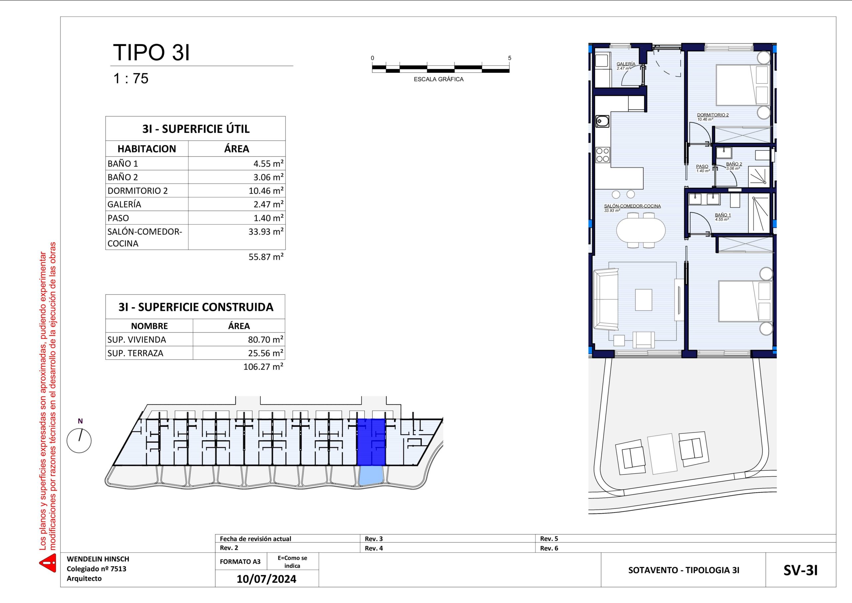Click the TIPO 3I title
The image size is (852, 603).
[x=151, y=52]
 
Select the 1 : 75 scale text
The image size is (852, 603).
[x=131, y=78]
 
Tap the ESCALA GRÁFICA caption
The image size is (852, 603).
[x=438, y=79]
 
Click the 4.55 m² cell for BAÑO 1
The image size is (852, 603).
[x=268, y=163]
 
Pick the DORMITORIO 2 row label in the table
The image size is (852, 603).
[x=138, y=191]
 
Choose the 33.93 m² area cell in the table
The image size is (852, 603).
[x=266, y=232]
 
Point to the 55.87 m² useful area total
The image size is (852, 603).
[x=266, y=257]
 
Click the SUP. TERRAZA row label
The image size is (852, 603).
[x=135, y=353]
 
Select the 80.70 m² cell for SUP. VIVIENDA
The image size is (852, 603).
[x=266, y=339]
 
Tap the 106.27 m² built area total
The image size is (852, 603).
[x=263, y=367]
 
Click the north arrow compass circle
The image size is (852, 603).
[x=79, y=441]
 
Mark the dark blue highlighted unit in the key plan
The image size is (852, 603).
[x=371, y=442]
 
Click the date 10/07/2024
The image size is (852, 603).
[x=267, y=579]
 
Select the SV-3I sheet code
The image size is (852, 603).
[x=800, y=570]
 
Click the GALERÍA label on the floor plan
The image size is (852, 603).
[x=626, y=64]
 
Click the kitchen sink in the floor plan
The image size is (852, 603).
[x=602, y=121]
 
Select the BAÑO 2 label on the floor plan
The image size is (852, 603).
[x=734, y=164]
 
